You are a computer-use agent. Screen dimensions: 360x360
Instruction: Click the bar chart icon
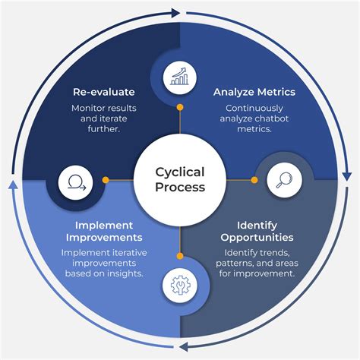pyautogui.click(x=180, y=76)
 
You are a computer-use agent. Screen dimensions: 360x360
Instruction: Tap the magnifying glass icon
pyautogui.click(x=285, y=180)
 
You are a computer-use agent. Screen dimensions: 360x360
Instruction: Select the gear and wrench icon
pyautogui.click(x=180, y=285)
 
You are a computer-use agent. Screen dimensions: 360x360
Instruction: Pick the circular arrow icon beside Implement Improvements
pyautogui.click(x=76, y=181)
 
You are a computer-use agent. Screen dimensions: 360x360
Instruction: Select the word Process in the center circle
pyautogui.click(x=180, y=187)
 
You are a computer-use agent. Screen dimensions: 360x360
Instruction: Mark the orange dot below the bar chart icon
pyautogui.click(x=180, y=108)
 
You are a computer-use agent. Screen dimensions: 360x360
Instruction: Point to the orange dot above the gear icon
pyautogui.click(x=180, y=254)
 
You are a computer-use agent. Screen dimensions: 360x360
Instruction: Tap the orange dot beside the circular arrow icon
pyautogui.click(x=106, y=180)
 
